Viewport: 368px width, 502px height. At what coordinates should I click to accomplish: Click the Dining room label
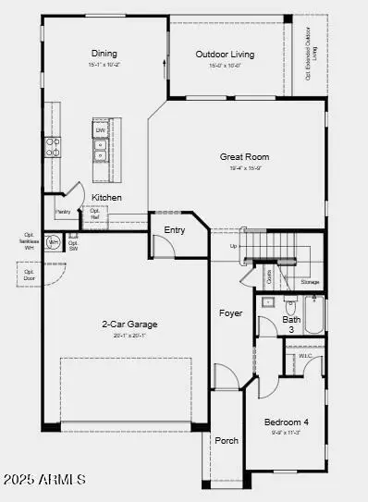pos(104,54)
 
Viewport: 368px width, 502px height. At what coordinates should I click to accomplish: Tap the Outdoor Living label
pos(224,55)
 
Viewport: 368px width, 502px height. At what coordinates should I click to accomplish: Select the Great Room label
pos(244,157)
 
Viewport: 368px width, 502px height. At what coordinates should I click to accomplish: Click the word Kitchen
pos(106,198)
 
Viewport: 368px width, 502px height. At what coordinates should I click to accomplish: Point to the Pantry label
pos(63,212)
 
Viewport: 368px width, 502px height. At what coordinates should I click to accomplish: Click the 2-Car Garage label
pos(129,324)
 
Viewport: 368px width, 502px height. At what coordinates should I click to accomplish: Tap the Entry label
pos(174,230)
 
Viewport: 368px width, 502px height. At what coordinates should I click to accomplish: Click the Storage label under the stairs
pos(310,282)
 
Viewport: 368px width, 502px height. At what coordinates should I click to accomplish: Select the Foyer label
pos(230,313)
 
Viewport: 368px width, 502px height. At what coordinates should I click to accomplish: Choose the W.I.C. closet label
pos(304,356)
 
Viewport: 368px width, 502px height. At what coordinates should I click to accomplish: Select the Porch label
pos(226,439)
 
